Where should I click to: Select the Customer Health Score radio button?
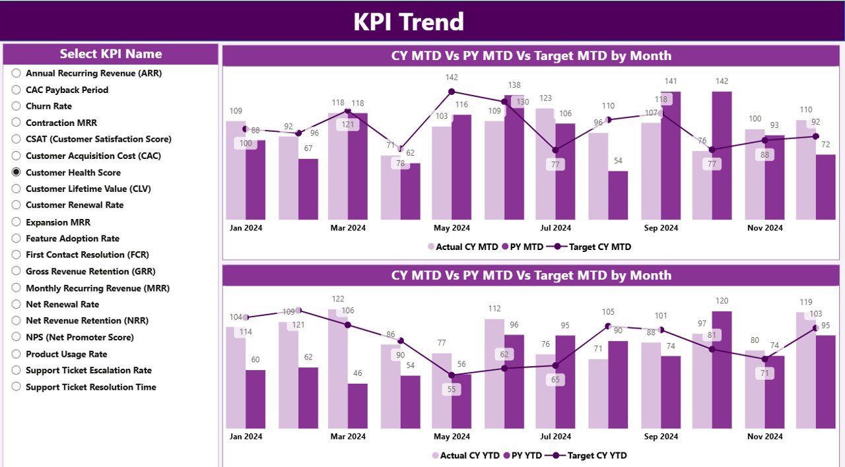pyautogui.click(x=17, y=172)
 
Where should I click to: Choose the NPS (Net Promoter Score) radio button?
pyautogui.click(x=17, y=337)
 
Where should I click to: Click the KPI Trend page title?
pyautogui.click(x=409, y=22)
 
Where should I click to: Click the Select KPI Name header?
pyautogui.click(x=110, y=54)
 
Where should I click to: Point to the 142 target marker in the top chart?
pyautogui.click(x=452, y=92)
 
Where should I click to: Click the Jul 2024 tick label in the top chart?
pyautogui.click(x=555, y=228)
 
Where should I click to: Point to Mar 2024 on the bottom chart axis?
pyautogui.click(x=348, y=437)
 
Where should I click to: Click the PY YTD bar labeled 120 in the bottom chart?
pyautogui.click(x=722, y=369)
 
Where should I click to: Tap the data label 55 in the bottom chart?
pyautogui.click(x=452, y=389)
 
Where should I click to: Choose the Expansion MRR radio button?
pyautogui.click(x=17, y=222)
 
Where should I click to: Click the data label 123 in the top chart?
pyautogui.click(x=545, y=98)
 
